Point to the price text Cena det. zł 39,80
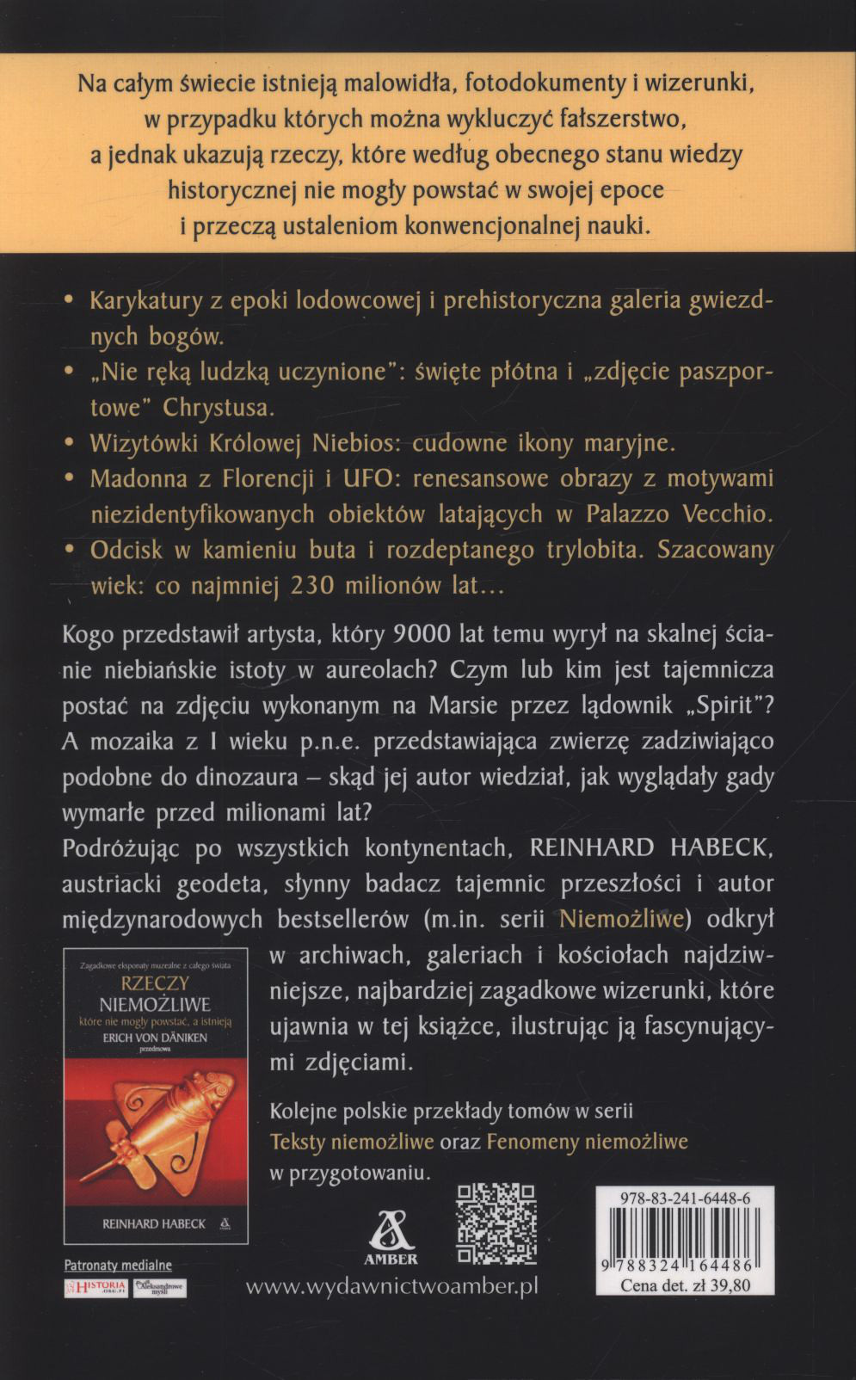pyautogui.click(x=685, y=1286)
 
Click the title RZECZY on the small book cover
pyautogui.click(x=156, y=983)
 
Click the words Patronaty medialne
pyautogui.click(x=118, y=1265)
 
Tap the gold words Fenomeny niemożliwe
pyautogui.click(x=587, y=1141)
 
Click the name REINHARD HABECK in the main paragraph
pyautogui.click(x=644, y=847)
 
